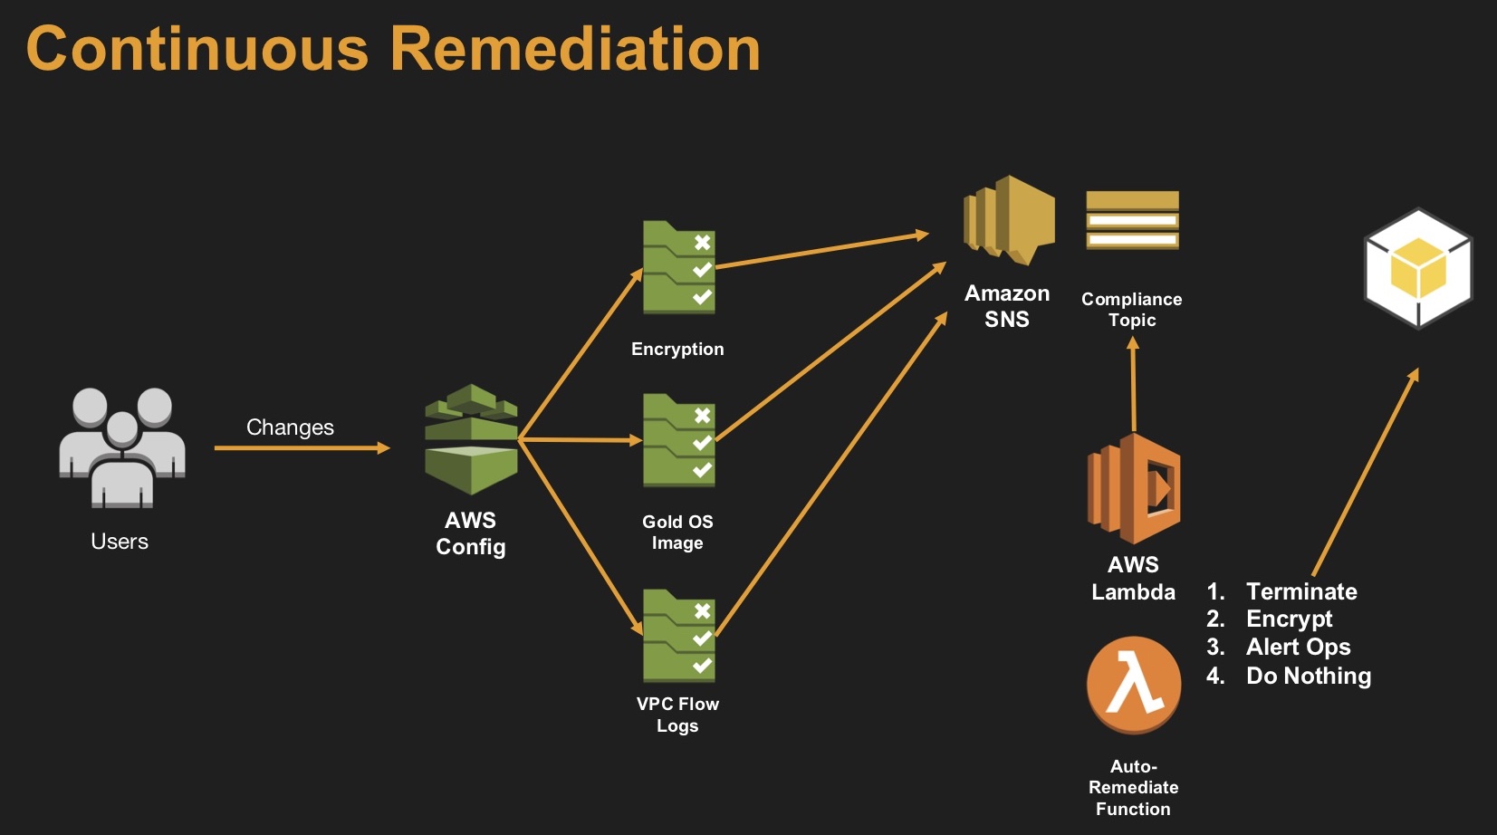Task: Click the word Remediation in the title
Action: coord(575,49)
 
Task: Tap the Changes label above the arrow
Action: coord(290,427)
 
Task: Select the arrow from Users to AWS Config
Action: coord(302,447)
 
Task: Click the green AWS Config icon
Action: coord(471,440)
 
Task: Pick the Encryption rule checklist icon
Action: coord(678,268)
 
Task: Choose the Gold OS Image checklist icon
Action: coord(678,441)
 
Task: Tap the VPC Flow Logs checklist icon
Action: coord(678,637)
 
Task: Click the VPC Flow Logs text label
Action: coord(677,715)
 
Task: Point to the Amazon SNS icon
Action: coord(1008,220)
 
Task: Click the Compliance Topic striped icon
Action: coord(1132,220)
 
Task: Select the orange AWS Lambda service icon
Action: coord(1133,489)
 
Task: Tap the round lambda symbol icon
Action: coord(1134,685)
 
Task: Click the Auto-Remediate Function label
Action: coord(1133,787)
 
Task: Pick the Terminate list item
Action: coord(1301,591)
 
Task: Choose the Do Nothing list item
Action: coord(1308,676)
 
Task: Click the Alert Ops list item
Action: coord(1298,647)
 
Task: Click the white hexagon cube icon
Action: coord(1418,269)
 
